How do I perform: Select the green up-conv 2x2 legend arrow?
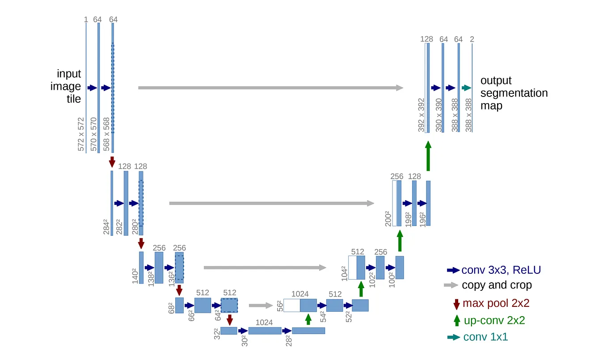click(456, 320)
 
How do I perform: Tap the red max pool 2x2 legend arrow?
click(456, 304)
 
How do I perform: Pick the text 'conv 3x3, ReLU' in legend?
click(501, 270)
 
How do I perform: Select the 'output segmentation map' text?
click(514, 93)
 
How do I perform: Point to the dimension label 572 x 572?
click(81, 134)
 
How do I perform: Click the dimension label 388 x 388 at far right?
click(468, 115)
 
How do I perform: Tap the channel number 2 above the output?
click(472, 39)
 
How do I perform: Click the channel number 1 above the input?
click(85, 20)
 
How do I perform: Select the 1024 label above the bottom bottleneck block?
click(264, 322)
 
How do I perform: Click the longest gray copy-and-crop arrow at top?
click(270, 88)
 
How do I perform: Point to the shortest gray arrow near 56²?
click(261, 306)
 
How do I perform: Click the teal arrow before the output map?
click(467, 88)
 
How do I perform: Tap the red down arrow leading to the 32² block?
click(229, 319)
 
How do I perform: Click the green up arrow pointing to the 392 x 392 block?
click(428, 156)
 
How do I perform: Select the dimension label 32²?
click(216, 333)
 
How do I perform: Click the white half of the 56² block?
click(291, 305)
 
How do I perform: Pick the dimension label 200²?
click(388, 218)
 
